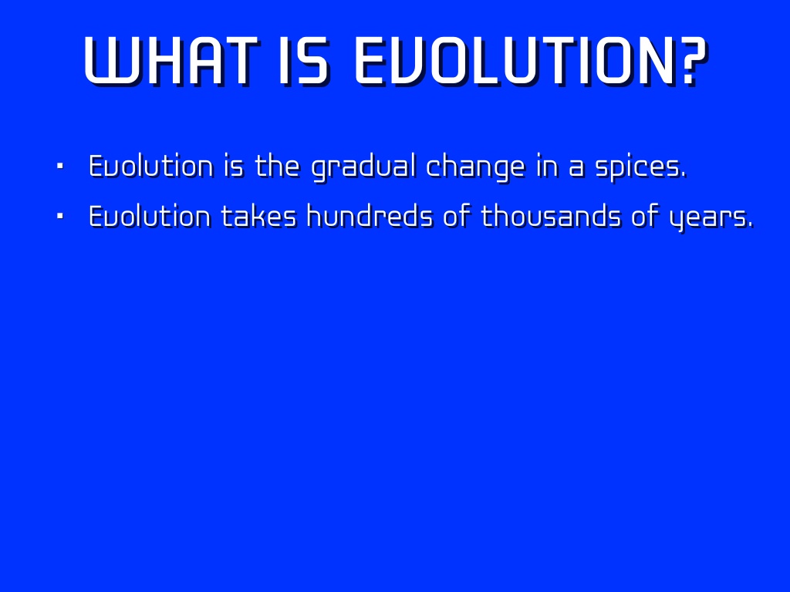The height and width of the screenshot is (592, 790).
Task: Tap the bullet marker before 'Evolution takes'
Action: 60,216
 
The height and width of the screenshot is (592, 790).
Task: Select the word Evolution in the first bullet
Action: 151,166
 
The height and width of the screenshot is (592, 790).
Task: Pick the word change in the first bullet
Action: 475,167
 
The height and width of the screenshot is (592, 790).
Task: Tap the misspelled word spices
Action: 641,167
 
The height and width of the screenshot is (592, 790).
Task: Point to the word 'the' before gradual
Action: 277,166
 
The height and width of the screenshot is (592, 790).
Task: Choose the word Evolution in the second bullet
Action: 150,216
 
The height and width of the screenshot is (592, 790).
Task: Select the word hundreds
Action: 370,216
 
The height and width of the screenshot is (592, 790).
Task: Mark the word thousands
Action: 551,216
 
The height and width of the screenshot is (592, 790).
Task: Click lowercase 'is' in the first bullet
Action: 234,166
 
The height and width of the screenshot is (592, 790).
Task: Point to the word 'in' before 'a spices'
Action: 548,166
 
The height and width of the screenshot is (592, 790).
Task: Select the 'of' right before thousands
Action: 457,216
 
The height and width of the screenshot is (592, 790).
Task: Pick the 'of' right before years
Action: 646,216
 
